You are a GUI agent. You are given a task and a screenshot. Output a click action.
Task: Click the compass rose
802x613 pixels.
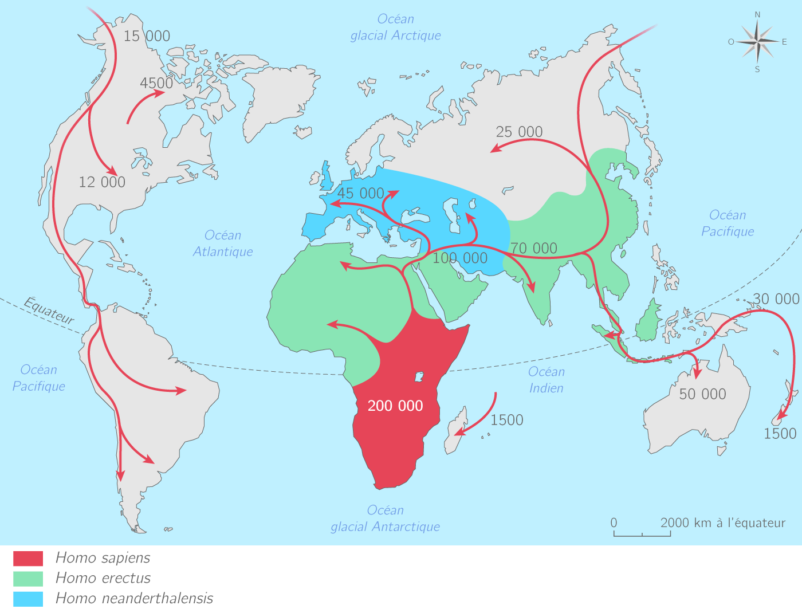point(757,42)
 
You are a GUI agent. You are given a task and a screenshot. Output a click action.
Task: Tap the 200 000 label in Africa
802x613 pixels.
point(395,406)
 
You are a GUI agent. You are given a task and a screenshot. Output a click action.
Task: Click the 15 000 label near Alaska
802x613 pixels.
point(147,36)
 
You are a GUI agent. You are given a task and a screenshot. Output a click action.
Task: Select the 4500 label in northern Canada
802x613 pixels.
point(156,83)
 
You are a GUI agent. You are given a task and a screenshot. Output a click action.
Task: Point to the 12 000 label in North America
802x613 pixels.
point(102,182)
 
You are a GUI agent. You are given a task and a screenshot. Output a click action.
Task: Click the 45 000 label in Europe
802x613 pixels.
point(361,193)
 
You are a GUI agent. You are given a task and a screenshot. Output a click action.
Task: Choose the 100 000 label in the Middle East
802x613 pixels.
point(460,258)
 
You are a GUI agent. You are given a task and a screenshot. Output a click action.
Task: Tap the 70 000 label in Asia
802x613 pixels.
point(534,248)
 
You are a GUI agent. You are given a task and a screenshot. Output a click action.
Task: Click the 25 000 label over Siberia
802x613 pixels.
point(519,132)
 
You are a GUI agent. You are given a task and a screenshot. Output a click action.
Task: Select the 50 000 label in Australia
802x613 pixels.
point(702,394)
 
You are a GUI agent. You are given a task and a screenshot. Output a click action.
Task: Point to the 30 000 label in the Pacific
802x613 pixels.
point(776,299)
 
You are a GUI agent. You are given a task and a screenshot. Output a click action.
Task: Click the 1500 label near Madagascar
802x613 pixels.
point(506,420)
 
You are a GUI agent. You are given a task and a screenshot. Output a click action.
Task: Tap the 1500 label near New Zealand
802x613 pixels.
point(780,434)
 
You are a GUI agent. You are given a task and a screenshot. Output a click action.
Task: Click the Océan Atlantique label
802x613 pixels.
point(223,243)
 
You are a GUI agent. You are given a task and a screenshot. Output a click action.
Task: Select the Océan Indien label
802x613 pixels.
point(547,380)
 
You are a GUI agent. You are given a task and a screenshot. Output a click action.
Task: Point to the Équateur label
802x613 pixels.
point(49,311)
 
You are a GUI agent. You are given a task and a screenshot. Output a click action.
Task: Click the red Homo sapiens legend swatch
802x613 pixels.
point(28,559)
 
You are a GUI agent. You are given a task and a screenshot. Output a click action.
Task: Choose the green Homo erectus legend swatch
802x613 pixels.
point(28,579)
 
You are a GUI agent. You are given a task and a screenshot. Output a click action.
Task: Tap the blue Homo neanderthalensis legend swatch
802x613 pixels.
point(28,599)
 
